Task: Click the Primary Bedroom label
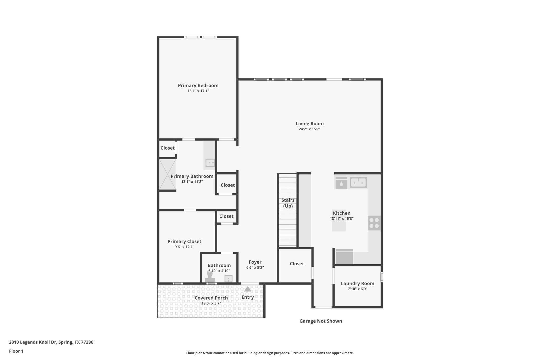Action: pyautogui.click(x=198, y=85)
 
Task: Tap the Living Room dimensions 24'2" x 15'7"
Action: pyautogui.click(x=310, y=129)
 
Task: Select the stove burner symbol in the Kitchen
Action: pyautogui.click(x=374, y=223)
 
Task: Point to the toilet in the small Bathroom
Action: pyautogui.click(x=210, y=277)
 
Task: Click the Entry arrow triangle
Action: pyautogui.click(x=248, y=289)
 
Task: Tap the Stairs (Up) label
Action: pyautogui.click(x=288, y=203)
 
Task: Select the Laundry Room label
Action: pyautogui.click(x=357, y=284)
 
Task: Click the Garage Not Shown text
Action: pyautogui.click(x=321, y=321)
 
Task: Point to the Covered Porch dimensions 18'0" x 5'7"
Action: pyautogui.click(x=211, y=303)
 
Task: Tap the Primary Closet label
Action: pyautogui.click(x=184, y=241)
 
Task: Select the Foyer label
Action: pyautogui.click(x=255, y=262)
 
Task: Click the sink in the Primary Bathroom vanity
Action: pyautogui.click(x=210, y=163)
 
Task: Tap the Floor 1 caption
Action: pyautogui.click(x=16, y=351)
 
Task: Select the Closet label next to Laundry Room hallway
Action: pyautogui.click(x=297, y=263)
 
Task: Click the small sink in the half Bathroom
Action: pyautogui.click(x=228, y=279)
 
